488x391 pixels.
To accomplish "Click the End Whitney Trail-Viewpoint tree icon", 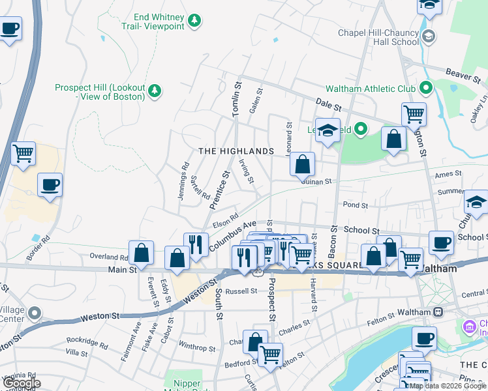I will click(194, 22).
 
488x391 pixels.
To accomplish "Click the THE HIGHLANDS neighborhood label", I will click(236, 151).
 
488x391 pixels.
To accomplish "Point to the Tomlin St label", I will click(237, 100).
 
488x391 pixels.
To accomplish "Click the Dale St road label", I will click(329, 103).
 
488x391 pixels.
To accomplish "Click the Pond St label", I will click(356, 205).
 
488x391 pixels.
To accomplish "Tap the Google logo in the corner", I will click(21, 383).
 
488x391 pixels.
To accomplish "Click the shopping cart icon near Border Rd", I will click(23, 154).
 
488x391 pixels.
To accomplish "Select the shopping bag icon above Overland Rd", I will click(141, 252).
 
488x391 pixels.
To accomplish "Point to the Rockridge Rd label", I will click(86, 342).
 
